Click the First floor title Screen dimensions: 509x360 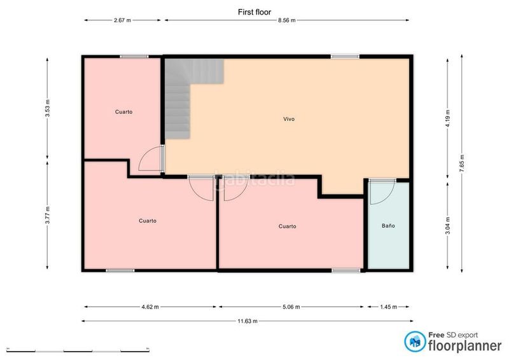(x=254, y=12)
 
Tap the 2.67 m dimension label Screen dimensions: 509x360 (x=122, y=20)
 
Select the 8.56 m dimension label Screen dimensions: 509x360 (x=287, y=20)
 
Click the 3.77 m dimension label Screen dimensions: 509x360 (x=47, y=215)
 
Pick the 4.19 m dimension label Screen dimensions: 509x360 (x=448, y=119)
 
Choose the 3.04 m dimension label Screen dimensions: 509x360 (x=448, y=225)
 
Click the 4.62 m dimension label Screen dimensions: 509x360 (x=150, y=307)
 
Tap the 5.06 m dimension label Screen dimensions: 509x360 (x=291, y=307)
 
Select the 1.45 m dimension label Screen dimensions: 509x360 (x=389, y=307)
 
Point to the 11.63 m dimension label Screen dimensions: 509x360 (x=248, y=321)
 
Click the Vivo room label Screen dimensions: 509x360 (x=289, y=119)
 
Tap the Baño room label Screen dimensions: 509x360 (x=388, y=226)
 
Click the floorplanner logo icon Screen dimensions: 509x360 (x=415, y=342)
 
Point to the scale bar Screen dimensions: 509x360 (x=78, y=350)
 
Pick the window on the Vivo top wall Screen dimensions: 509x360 (x=345, y=57)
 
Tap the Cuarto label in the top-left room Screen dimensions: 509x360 (x=123, y=112)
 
